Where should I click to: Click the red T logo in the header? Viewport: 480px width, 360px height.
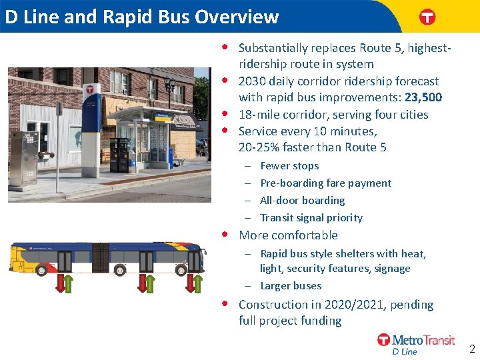pyautogui.click(x=427, y=17)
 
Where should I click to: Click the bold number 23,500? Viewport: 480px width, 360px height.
pyautogui.click(x=423, y=98)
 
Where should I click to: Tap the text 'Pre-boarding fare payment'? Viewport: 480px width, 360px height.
pyautogui.click(x=325, y=183)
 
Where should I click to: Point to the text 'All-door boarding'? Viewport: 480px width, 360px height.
pyautogui.click(x=302, y=201)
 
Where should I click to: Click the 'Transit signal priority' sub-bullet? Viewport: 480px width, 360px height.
pyautogui.click(x=311, y=218)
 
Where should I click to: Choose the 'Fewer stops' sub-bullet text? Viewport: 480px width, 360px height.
pyautogui.click(x=289, y=166)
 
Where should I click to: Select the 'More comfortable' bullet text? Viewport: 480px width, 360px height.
pyautogui.click(x=288, y=235)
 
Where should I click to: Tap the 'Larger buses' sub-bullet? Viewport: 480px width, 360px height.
pyautogui.click(x=291, y=286)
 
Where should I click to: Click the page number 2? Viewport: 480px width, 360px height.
pyautogui.click(x=472, y=349)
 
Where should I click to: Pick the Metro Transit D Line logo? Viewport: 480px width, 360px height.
pyautogui.click(x=416, y=343)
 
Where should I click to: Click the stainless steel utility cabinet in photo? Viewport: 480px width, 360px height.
pyautogui.click(x=24, y=159)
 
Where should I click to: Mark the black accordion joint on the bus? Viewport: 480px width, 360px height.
pyautogui.click(x=100, y=258)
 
